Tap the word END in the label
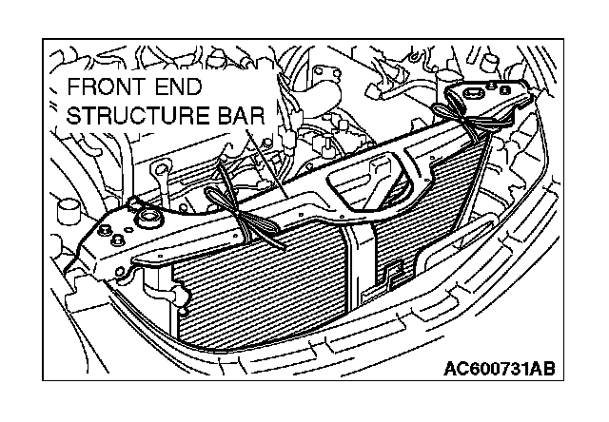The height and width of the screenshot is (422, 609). coord(180,91)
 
